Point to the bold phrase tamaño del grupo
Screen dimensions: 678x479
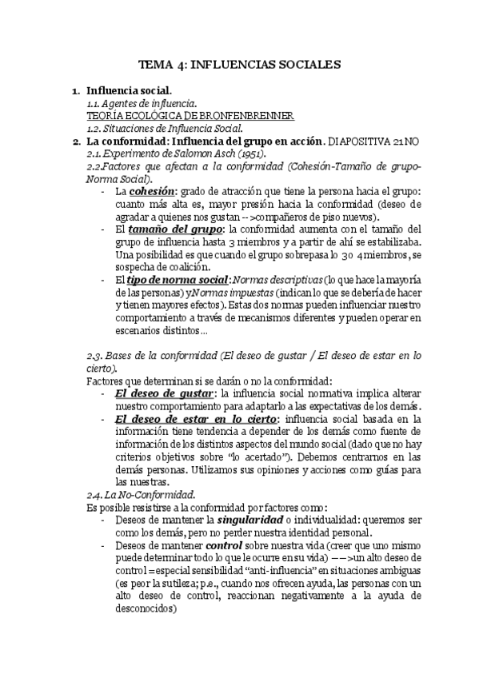pyautogui.click(x=165, y=229)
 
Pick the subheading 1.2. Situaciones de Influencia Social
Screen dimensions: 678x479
pyautogui.click(x=165, y=128)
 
